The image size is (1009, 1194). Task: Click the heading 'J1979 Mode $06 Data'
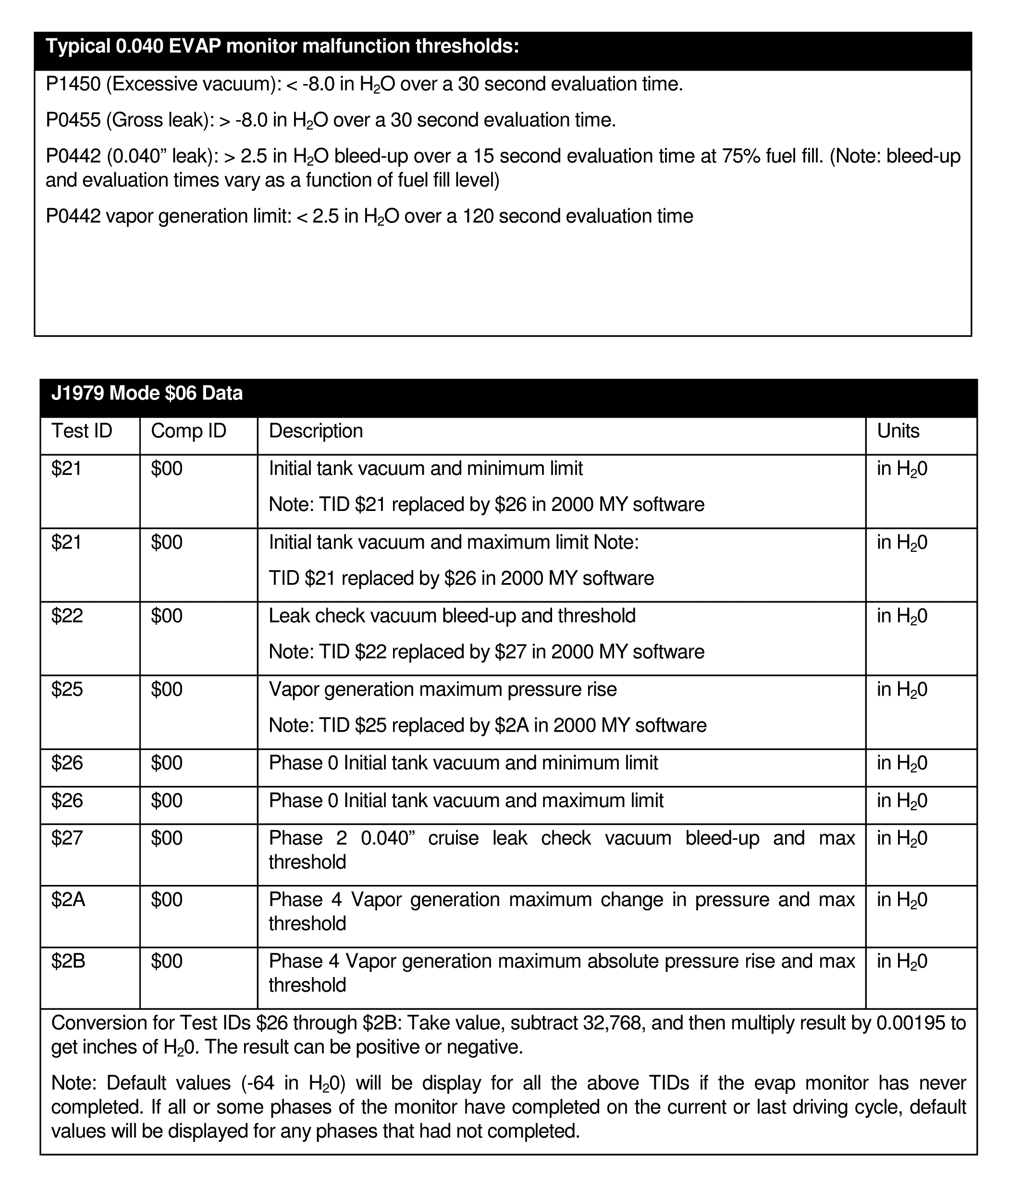tap(147, 393)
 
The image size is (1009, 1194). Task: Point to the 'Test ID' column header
tap(82, 431)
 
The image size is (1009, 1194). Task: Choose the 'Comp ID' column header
tap(188, 431)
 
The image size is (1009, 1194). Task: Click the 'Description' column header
tap(316, 431)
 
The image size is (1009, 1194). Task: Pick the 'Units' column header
tap(898, 431)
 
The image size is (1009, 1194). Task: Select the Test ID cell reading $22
tap(67, 616)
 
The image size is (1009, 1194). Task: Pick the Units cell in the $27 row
tap(902, 838)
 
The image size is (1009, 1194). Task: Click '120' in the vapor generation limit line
tap(478, 216)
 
